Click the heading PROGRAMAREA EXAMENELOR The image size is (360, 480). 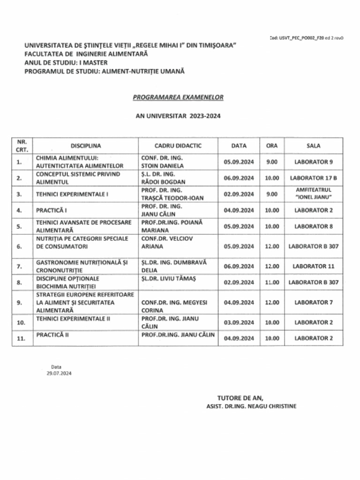[178, 97]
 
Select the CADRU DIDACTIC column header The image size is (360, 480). [178, 146]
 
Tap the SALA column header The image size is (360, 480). [313, 146]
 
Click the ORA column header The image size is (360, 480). [272, 146]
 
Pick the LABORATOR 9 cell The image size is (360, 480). [313, 162]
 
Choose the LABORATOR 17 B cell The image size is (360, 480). [313, 178]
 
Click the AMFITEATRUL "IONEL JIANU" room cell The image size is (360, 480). [313, 194]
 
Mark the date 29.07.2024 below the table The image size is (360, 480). [56, 374]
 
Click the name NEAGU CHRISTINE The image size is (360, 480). [274, 406]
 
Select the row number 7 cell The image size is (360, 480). [20, 266]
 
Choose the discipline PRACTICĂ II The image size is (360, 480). [50, 335]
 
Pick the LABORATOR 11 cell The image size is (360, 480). [313, 266]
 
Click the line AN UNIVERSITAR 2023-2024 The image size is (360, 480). [178, 115]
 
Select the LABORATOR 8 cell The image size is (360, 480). [313, 226]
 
